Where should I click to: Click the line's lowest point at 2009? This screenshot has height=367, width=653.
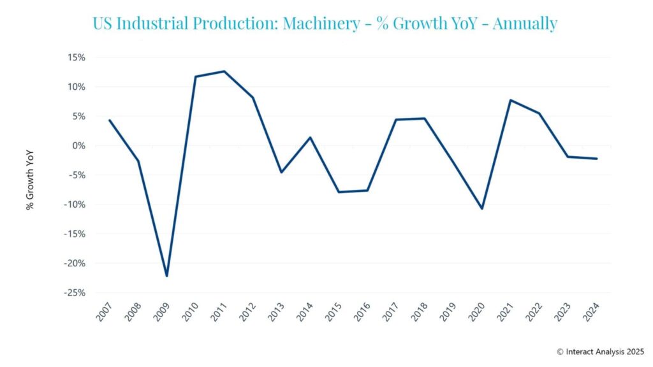tap(166, 276)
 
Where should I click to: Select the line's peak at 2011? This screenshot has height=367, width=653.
tap(224, 71)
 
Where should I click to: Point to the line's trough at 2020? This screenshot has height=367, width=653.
tap(482, 208)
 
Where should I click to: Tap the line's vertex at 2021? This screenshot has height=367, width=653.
tap(511, 100)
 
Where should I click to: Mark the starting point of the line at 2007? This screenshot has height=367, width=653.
tap(110, 120)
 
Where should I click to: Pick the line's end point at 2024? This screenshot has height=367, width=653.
tap(597, 159)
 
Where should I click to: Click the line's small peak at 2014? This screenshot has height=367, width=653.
tap(310, 138)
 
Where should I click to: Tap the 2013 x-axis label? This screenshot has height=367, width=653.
tap(277, 312)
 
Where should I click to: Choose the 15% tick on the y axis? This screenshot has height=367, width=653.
tap(77, 57)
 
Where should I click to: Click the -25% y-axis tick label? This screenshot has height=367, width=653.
tap(75, 292)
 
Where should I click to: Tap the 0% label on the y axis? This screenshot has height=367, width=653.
tap(78, 145)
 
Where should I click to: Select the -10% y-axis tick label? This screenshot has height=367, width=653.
tap(75, 205)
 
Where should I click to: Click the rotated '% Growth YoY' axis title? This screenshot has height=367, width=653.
tap(30, 180)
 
